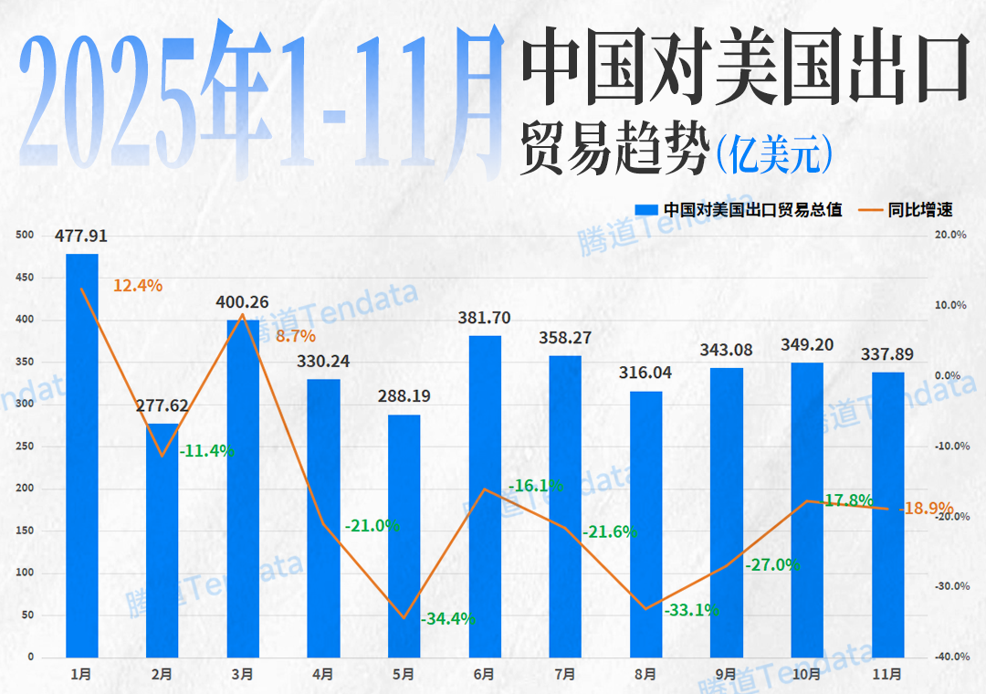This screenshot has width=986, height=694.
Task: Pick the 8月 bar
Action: [645, 524]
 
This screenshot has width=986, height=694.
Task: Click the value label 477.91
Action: [81, 237]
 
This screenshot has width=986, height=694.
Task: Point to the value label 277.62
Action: [162, 405]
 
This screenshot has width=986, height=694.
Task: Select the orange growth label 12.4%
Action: [138, 286]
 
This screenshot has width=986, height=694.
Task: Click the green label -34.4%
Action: [448, 619]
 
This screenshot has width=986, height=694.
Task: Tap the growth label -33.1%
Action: [691, 610]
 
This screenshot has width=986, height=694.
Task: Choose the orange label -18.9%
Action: [927, 509]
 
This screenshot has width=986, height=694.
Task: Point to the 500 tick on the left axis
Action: [25, 236]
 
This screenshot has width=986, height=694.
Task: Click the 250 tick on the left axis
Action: [25, 447]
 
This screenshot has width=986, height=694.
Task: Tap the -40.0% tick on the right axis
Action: [951, 657]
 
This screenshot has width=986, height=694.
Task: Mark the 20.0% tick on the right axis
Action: [952, 236]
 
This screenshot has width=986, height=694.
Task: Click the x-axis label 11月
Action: [887, 675]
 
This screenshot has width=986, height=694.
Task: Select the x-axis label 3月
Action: [242, 675]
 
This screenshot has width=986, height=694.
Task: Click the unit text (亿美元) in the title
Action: [773, 153]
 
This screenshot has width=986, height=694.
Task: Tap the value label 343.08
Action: [727, 351]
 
